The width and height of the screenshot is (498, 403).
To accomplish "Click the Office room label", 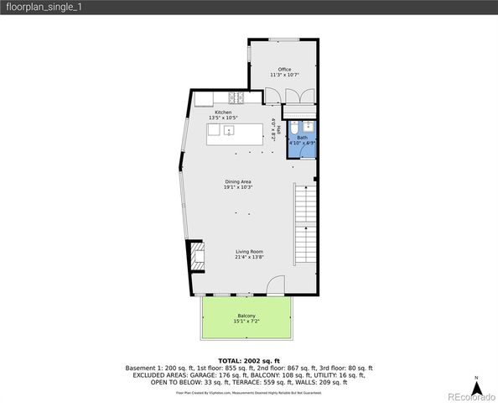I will point(284,69).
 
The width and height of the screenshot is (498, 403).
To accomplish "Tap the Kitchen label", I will point(223,112).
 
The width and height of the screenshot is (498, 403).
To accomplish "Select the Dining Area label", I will point(238,181).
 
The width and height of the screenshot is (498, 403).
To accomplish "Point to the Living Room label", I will point(249,251).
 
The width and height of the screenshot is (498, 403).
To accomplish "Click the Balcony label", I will point(246,316).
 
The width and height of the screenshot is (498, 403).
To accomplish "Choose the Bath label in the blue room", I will point(302,137).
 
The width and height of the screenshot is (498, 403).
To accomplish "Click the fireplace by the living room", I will point(196,255).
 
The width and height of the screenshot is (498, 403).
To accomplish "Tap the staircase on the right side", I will point(304,227).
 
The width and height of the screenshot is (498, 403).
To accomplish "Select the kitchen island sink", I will point(227,131).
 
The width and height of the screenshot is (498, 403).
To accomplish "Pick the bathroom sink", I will point(308,127).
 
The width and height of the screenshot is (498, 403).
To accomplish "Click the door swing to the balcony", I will point(276,288).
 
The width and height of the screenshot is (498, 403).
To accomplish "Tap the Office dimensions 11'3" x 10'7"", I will point(284,76).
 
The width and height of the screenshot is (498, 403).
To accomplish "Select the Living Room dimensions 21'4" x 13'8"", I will point(249,258).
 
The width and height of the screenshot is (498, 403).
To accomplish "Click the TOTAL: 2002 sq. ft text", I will point(249,360).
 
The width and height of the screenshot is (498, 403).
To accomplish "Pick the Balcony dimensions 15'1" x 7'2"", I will point(246,322).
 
